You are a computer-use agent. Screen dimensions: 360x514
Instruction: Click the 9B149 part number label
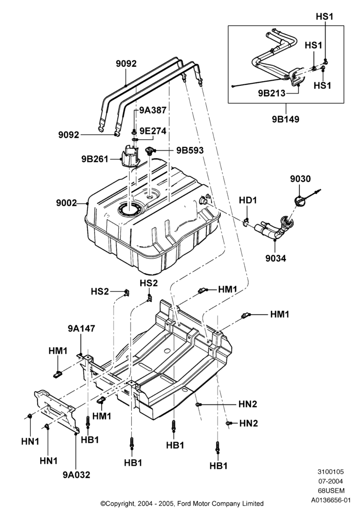[285, 119]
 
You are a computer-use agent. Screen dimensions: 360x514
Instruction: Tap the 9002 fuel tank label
[66, 203]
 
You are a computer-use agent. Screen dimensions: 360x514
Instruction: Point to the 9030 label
[300, 179]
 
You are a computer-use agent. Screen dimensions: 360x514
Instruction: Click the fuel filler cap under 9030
[300, 200]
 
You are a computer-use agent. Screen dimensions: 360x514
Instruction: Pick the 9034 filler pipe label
[276, 259]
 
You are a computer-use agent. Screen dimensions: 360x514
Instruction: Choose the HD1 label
[248, 200]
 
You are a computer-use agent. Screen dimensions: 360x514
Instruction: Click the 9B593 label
[190, 150]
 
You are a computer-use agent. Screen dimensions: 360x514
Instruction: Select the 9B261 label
[95, 159]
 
